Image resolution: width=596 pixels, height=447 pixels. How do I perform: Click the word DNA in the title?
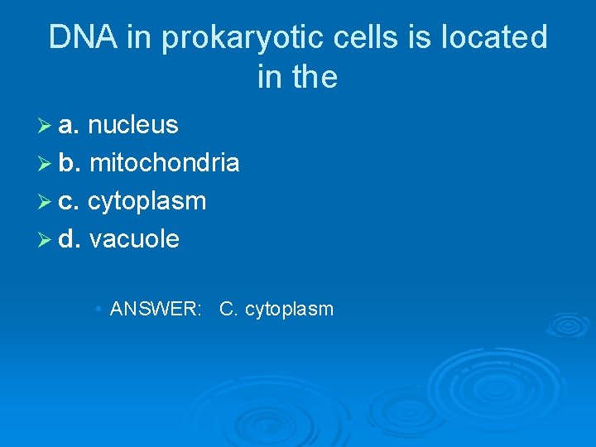click(78, 38)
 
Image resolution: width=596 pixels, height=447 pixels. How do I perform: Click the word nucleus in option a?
click(132, 125)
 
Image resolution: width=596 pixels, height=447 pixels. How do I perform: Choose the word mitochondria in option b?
click(164, 163)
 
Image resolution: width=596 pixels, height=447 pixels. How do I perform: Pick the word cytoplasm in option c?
click(147, 201)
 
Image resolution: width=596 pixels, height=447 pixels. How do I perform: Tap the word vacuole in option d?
click(134, 239)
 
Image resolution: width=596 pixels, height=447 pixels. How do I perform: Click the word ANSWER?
click(156, 310)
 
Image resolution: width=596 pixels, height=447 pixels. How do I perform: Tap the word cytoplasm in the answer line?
click(289, 310)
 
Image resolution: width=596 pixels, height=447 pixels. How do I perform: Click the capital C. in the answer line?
click(228, 310)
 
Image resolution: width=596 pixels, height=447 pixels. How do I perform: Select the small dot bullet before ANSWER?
click(99, 310)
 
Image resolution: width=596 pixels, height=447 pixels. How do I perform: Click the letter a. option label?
click(70, 126)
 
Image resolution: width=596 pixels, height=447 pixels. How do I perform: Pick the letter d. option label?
click(70, 239)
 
